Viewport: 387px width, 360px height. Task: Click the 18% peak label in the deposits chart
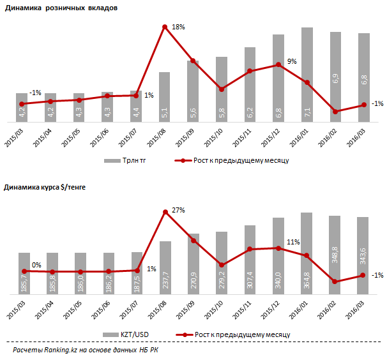pos(178,27)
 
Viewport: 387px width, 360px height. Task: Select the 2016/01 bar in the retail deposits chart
pos(307,74)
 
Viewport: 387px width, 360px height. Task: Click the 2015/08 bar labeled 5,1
pos(164,96)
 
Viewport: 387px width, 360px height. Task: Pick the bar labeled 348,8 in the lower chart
pos(335,255)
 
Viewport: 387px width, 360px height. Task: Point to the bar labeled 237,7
pos(164,267)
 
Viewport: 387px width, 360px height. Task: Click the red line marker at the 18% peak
pos(165,27)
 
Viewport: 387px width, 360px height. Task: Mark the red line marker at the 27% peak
pos(165,212)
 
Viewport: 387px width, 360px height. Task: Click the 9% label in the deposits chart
pos(292,61)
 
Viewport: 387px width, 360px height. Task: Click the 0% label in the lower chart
pos(36,265)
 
